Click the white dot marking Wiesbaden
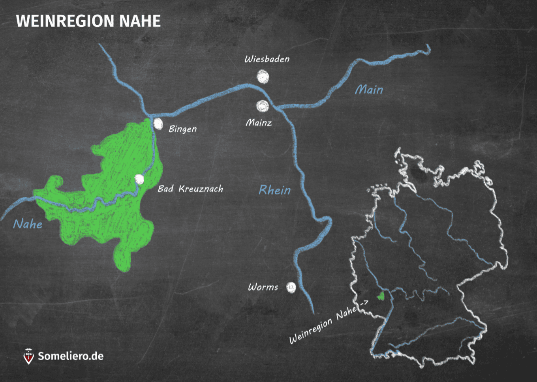click(263, 77)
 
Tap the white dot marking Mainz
click(262, 106)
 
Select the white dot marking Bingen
click(158, 124)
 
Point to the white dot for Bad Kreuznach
click(139, 180)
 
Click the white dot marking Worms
click(291, 287)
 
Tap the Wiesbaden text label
click(267, 59)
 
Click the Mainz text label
click(259, 123)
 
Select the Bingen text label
click(182, 129)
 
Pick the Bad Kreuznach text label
click(190, 189)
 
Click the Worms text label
click(263, 287)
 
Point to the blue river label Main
click(369, 90)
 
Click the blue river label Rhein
click(274, 190)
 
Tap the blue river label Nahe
click(28, 224)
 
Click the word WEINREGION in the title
click(66, 21)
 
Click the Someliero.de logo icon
click(28, 356)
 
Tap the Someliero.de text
click(71, 356)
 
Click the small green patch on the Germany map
click(381, 296)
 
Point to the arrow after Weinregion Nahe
click(364, 303)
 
